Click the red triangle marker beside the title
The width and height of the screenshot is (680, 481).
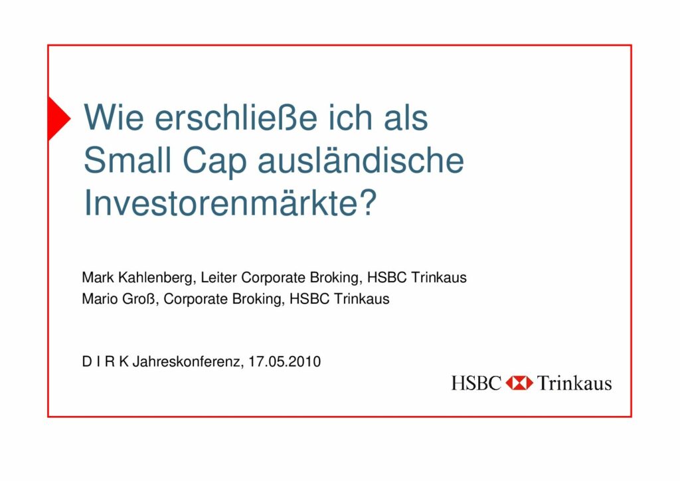(x=58, y=118)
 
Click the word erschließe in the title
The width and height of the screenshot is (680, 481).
(x=236, y=118)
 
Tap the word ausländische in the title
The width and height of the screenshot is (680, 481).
(x=361, y=160)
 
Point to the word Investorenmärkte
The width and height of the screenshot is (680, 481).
(x=223, y=203)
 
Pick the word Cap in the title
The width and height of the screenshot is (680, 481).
(x=214, y=162)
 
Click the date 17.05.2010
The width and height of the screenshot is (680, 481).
(x=284, y=361)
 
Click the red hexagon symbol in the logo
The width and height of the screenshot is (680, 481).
(x=519, y=383)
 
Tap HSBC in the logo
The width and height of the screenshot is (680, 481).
(x=475, y=383)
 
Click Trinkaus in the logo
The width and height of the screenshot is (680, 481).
(x=574, y=383)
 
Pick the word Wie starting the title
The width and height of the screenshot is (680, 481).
(x=114, y=118)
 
